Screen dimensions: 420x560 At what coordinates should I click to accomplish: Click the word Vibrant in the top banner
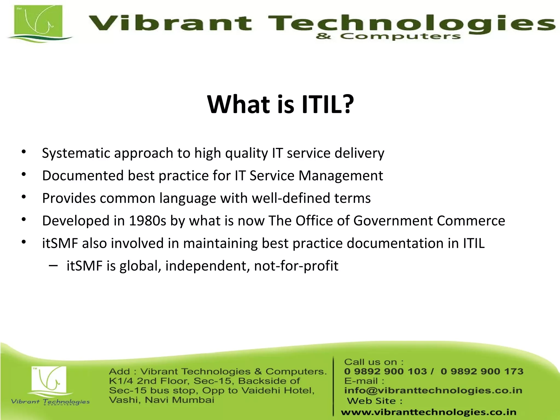pyautogui.click(x=170, y=23)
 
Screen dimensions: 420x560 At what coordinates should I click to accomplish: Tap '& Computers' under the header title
pyautogui.click(x=388, y=36)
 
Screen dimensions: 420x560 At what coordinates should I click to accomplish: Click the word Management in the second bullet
pyautogui.click(x=340, y=176)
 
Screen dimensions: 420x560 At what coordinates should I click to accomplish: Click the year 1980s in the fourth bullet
pyautogui.click(x=147, y=221)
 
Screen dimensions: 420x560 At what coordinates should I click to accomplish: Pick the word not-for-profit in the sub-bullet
pyautogui.click(x=296, y=266)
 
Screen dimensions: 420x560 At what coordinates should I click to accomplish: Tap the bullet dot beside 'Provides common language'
pyautogui.click(x=24, y=197)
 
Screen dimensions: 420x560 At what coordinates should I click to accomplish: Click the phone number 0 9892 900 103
pyautogui.click(x=385, y=371)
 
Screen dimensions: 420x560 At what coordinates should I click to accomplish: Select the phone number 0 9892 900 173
pyautogui.click(x=482, y=371)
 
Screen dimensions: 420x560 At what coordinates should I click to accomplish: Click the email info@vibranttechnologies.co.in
pyautogui.click(x=433, y=390)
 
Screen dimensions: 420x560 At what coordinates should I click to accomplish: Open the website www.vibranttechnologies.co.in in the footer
pyautogui.click(x=428, y=412)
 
